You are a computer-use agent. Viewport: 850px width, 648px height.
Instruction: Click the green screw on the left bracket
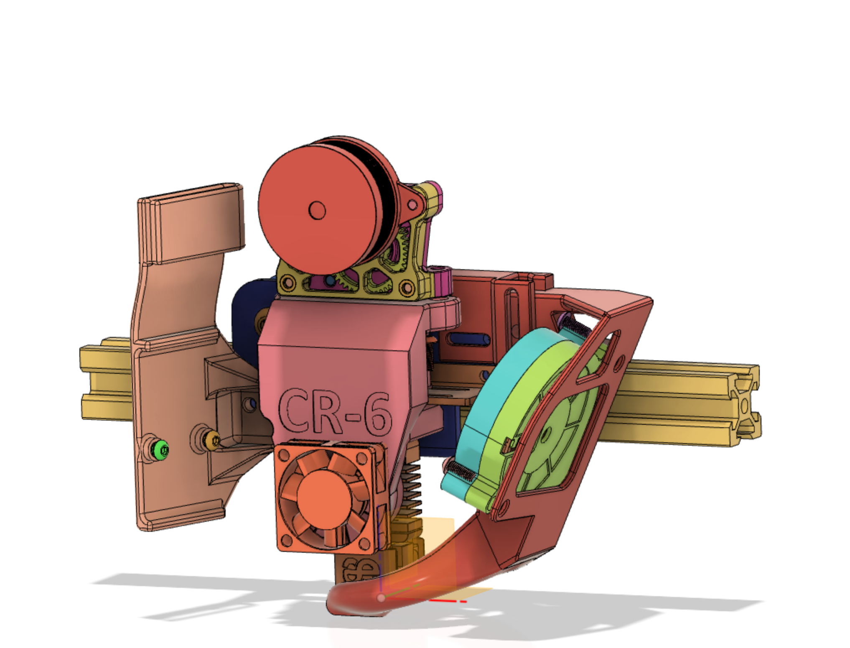[161, 449]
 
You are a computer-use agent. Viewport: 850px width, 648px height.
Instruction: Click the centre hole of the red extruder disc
[317, 210]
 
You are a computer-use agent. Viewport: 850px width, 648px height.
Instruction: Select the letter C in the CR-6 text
[295, 412]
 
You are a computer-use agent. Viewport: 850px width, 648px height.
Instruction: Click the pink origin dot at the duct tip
[381, 598]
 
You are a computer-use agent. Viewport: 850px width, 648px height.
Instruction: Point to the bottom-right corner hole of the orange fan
[364, 543]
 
